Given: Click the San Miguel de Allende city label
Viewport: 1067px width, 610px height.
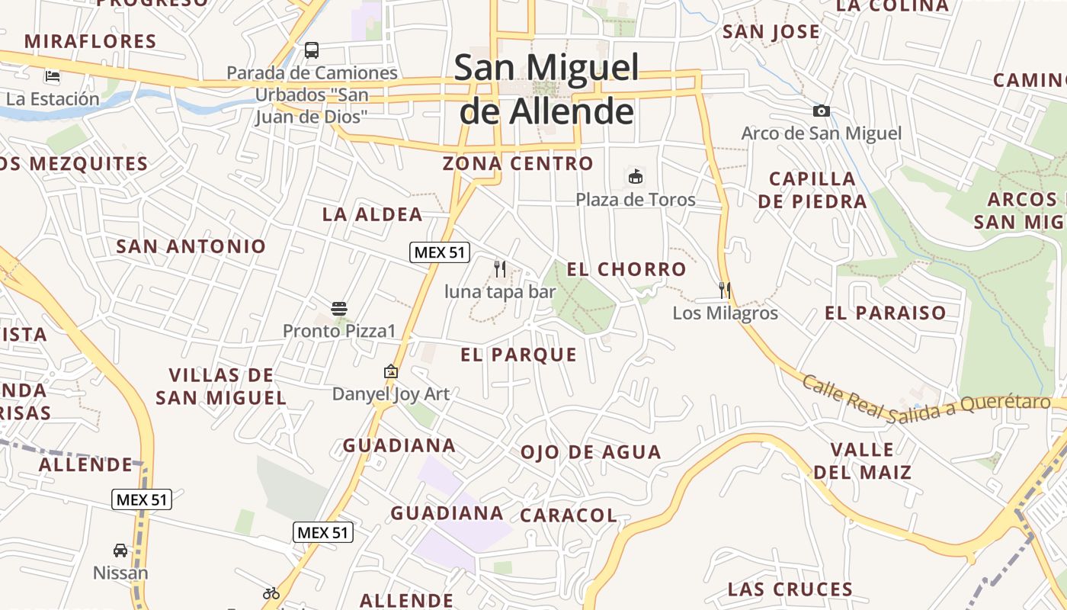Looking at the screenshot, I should pos(546,89).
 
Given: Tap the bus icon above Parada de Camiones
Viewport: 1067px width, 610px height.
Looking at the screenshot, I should pos(312,50).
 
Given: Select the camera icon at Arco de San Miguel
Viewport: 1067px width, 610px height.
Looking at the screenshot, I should pos(821,111).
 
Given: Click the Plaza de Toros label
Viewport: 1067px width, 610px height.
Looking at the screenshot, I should pos(635,200).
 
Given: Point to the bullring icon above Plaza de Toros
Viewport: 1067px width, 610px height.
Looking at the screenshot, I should pos(635,177).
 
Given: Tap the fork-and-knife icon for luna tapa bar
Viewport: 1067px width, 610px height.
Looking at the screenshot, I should pos(500,268).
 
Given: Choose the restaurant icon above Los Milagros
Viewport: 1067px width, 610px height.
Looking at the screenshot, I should pos(725,290).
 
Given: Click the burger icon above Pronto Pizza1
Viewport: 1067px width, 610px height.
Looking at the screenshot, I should pos(339,309).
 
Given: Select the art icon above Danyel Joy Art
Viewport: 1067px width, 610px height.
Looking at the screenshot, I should pos(391,371).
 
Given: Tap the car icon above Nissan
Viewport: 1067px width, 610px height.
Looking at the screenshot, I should pos(120,550).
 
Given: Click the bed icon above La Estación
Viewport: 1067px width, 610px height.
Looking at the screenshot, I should pos(53,75).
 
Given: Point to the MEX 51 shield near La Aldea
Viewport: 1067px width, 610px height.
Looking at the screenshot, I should pos(440,252).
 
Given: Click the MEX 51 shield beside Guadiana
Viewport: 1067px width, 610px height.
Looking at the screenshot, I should pos(323,531).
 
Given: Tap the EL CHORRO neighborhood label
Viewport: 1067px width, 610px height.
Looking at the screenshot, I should pos(626,269).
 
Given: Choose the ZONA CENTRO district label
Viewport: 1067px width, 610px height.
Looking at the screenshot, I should pos(517,163).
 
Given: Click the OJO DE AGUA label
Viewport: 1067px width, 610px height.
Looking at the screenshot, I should pos(591,452).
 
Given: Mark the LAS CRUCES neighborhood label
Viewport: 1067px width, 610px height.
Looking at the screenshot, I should pos(790,589).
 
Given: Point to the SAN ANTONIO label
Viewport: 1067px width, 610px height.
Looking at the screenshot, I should pos(191,246).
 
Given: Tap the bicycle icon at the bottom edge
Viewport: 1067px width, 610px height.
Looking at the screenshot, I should pos(271,592).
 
